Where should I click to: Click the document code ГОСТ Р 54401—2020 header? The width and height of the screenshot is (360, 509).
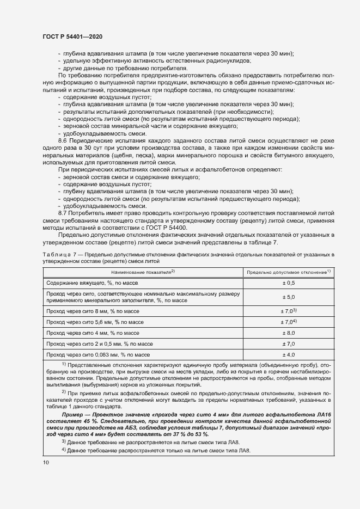pos(72,36)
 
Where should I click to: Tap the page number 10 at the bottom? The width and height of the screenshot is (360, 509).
pos(45,463)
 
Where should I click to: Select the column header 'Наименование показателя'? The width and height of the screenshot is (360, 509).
pos(143,271)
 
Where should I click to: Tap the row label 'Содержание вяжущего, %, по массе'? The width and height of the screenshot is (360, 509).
pos(93,283)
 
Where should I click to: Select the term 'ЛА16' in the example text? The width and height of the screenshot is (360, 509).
pos(325,415)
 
